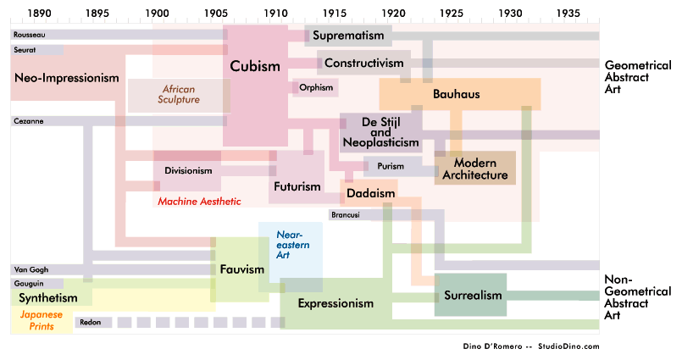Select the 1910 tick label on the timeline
pyautogui.click(x=275, y=14)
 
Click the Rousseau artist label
pyautogui.click(x=30, y=35)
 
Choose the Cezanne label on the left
pyautogui.click(x=29, y=121)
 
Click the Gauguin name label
pyautogui.click(x=28, y=284)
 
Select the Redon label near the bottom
pyautogui.click(x=90, y=322)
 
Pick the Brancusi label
pyautogui.click(x=345, y=215)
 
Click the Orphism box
pyautogui.click(x=315, y=87)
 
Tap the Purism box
pyautogui.click(x=391, y=166)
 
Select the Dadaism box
pyautogui.click(x=370, y=194)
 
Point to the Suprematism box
pyautogui.click(x=350, y=36)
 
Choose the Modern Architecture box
pyautogui.click(x=474, y=168)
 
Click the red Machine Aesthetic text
pyautogui.click(x=199, y=202)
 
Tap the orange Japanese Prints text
pyautogui.click(x=42, y=319)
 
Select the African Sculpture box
pyautogui.click(x=178, y=94)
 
